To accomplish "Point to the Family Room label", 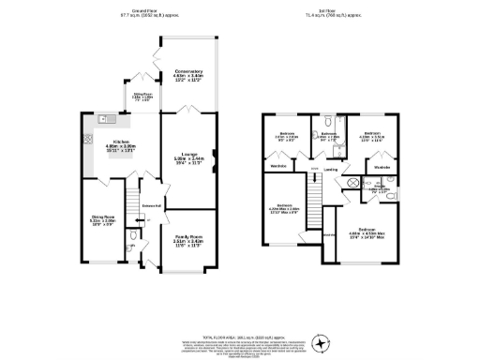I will [x=188, y=239].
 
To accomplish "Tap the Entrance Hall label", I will [x=150, y=205].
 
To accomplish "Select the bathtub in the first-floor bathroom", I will [x=327, y=122].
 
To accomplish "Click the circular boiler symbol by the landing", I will [x=353, y=184].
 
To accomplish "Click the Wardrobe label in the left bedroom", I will [x=277, y=166].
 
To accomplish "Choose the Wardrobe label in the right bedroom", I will [x=382, y=168].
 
